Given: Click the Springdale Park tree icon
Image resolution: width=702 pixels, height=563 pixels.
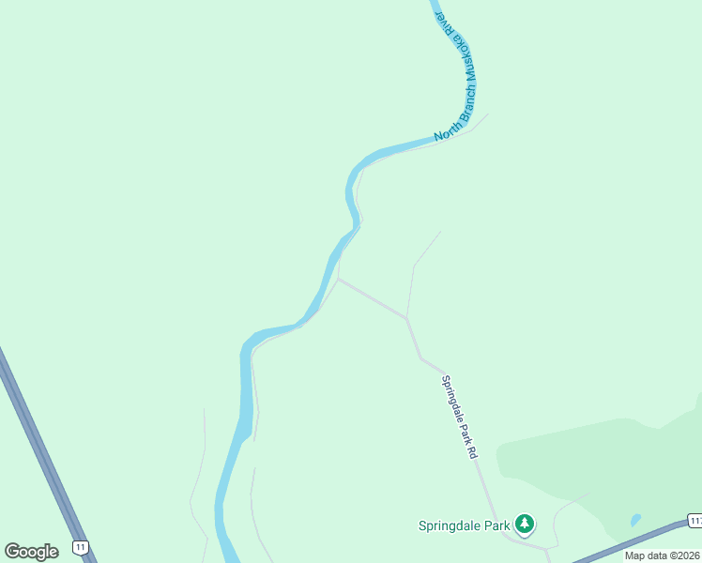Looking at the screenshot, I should (526, 524).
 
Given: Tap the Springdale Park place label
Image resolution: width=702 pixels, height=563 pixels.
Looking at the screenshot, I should (465, 525).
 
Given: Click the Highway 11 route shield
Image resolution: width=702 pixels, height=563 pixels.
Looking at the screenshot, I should (82, 546).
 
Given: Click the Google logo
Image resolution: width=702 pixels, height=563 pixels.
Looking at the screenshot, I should (31, 551).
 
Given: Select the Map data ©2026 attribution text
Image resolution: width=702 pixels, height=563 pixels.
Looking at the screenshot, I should (662, 555).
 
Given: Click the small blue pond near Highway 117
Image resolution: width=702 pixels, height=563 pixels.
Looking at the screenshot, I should (635, 519).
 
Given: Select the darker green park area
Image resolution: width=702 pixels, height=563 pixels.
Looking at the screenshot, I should (601, 460).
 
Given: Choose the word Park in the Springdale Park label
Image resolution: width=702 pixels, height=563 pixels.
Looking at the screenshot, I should (496, 525).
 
